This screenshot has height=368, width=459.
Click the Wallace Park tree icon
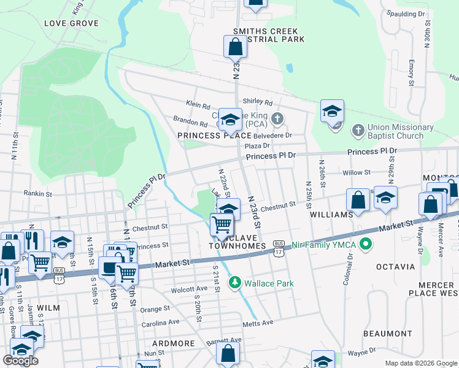click(x=233, y=283)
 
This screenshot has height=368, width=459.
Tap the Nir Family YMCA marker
click(x=367, y=245)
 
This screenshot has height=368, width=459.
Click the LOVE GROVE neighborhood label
click(x=71, y=23)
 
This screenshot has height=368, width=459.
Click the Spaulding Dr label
click(x=406, y=13)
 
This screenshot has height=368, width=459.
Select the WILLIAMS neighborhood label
click(x=331, y=215)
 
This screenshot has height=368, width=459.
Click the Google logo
click(x=20, y=361)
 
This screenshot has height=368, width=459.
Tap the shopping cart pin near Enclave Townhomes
click(x=222, y=224)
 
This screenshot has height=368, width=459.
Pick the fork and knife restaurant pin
click(x=31, y=240)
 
